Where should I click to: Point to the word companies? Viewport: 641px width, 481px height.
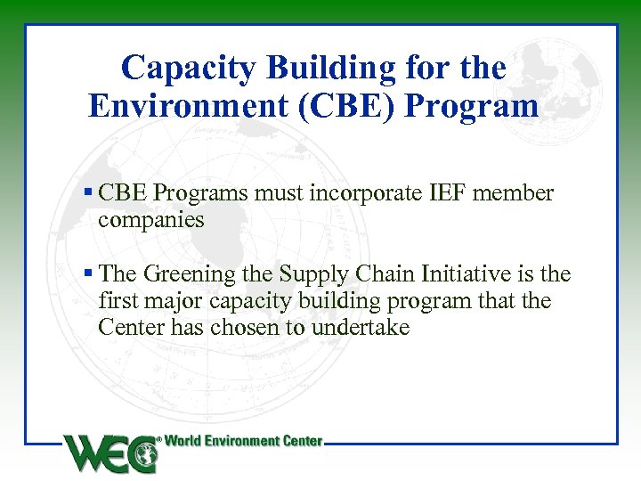pos(151,219)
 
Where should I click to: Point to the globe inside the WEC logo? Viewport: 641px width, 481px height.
pos(143,456)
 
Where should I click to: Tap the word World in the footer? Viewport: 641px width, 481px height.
pos(187,441)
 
